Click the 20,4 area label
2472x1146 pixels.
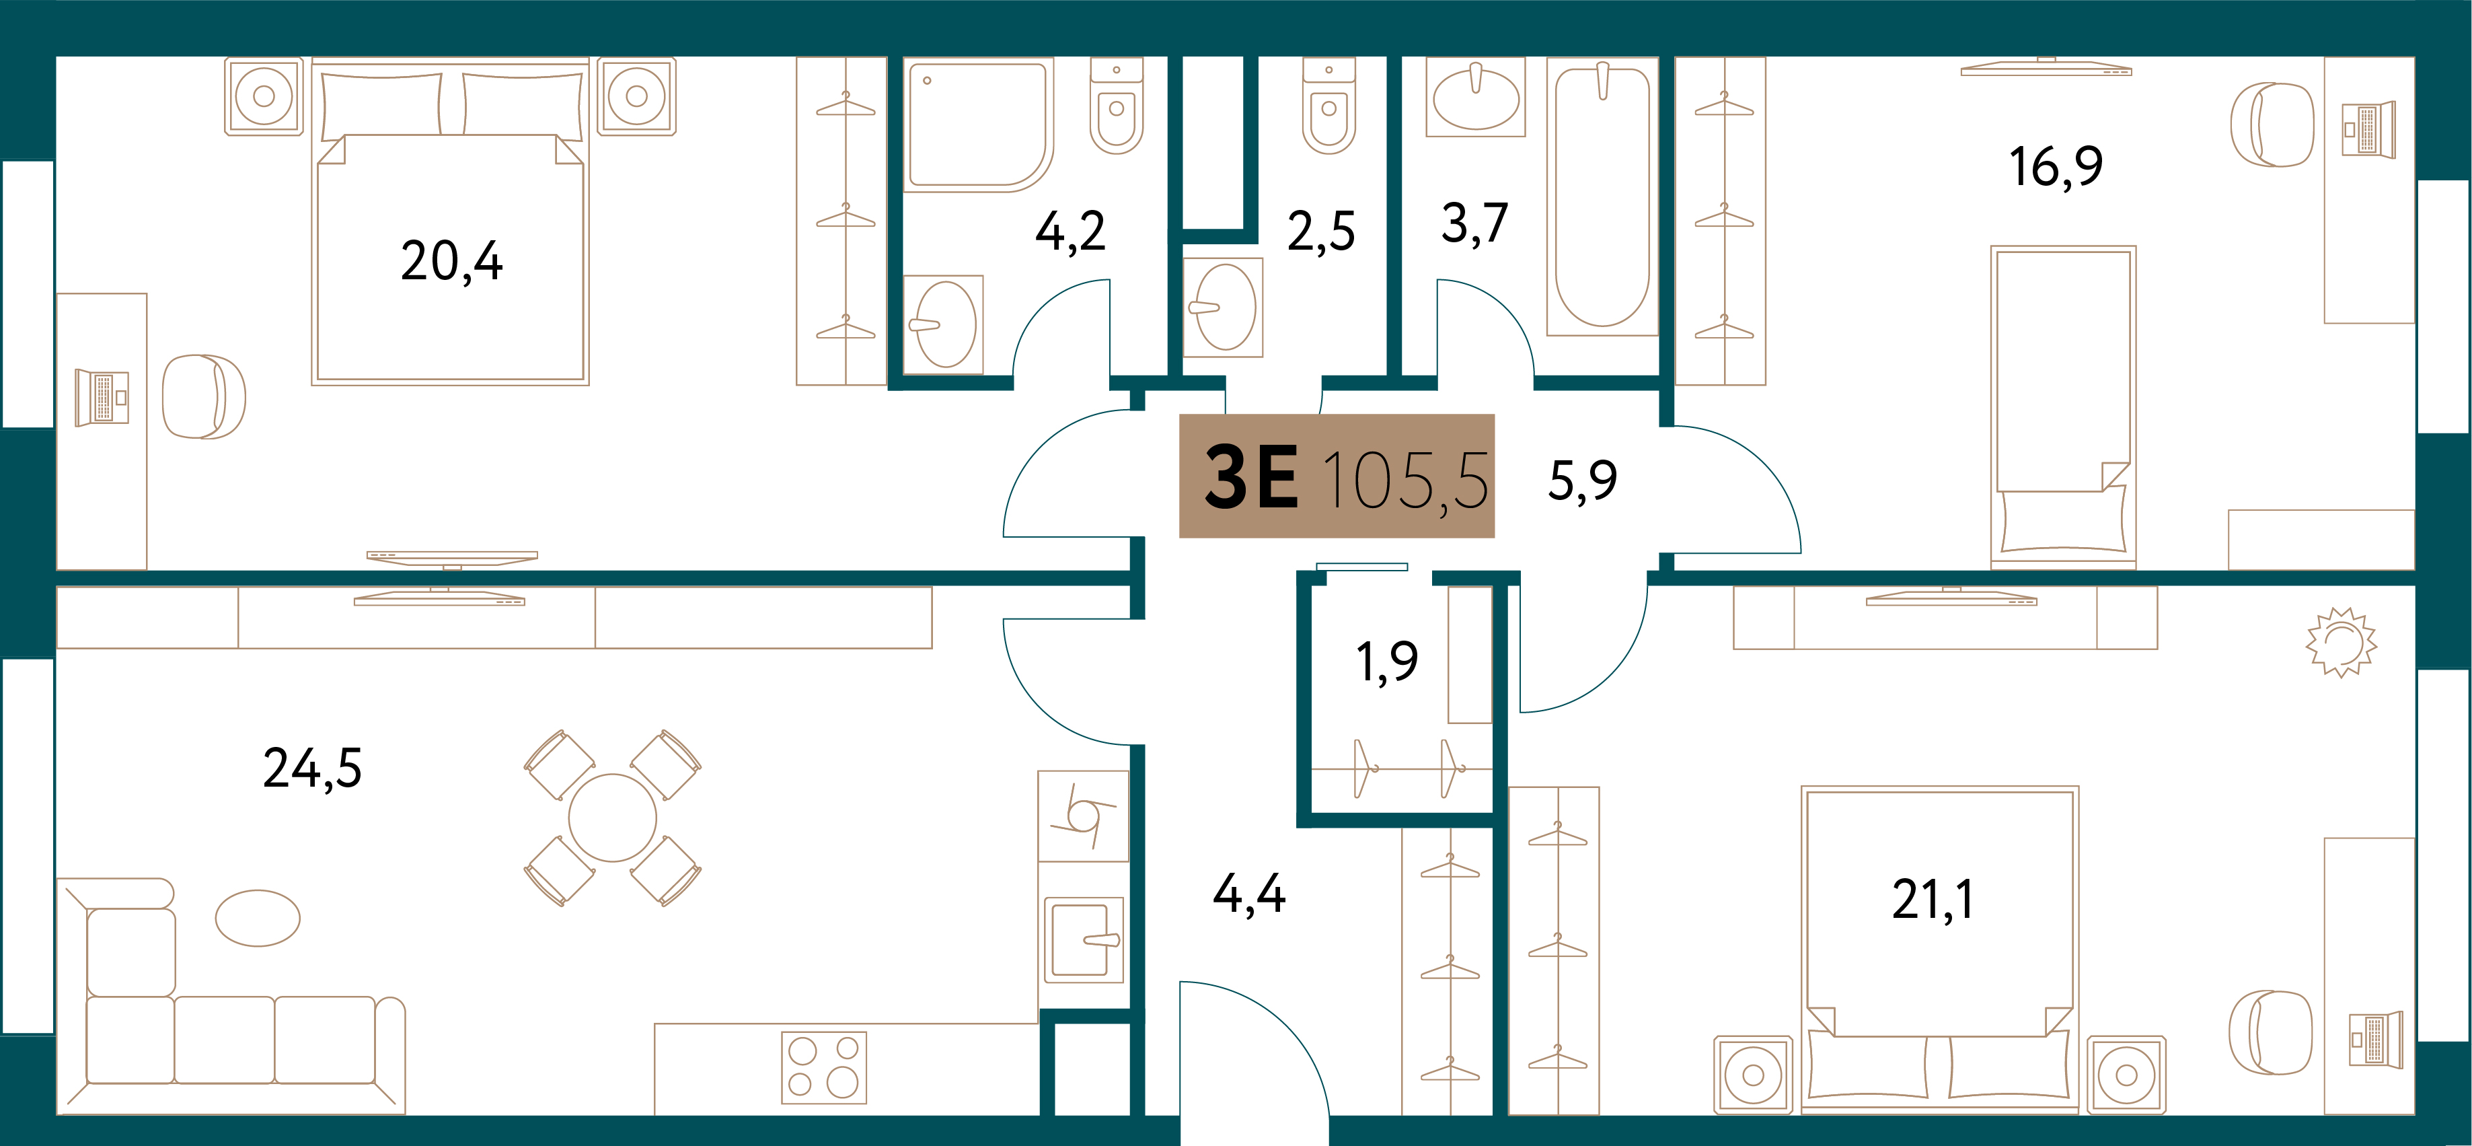click(451, 261)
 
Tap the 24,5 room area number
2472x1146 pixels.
click(313, 768)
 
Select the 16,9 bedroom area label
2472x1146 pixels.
click(2056, 166)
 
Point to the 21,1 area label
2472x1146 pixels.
click(1932, 899)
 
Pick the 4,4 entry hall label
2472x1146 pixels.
click(1248, 894)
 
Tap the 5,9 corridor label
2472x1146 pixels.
click(1583, 480)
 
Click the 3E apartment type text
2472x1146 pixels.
click(1251, 477)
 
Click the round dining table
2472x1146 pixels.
click(612, 818)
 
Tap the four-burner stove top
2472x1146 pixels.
click(823, 1067)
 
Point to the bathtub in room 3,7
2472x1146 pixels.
click(1602, 196)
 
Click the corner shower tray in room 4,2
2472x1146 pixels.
click(978, 124)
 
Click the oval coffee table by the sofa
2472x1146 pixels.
click(257, 918)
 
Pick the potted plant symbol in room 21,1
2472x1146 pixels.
click(2342, 641)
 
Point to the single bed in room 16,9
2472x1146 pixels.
click(2062, 406)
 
